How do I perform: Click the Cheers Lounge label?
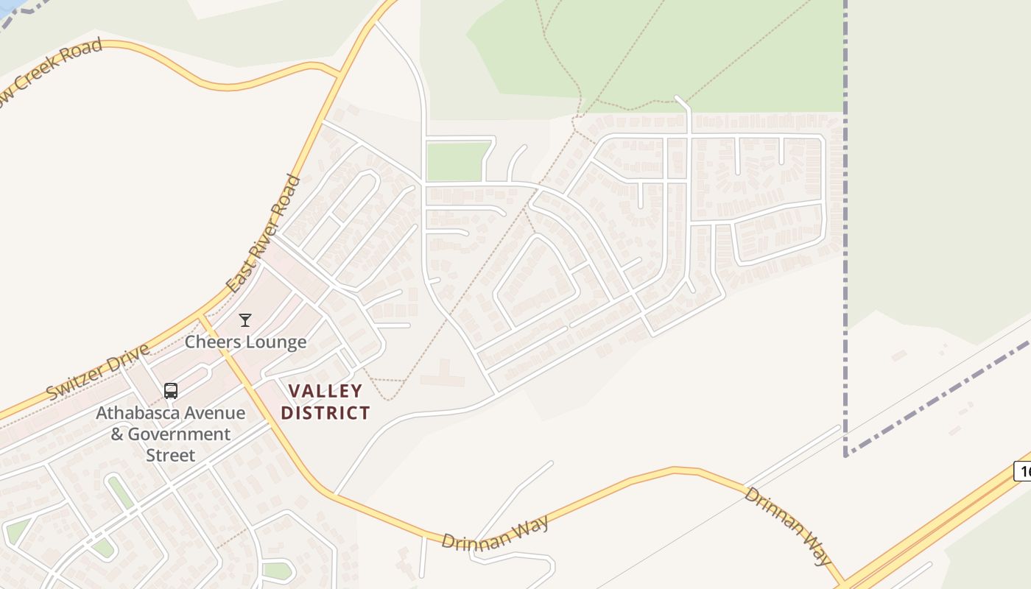pyautogui.click(x=245, y=342)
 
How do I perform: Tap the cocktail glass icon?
pyautogui.click(x=245, y=320)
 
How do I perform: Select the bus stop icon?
pyautogui.click(x=171, y=391)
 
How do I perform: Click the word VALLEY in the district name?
pyautogui.click(x=326, y=391)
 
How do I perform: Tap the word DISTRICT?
pyautogui.click(x=326, y=413)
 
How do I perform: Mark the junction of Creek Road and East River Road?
pyautogui.click(x=339, y=74)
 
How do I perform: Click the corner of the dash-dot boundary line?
pyautogui.click(x=846, y=454)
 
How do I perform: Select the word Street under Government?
pyautogui.click(x=171, y=455)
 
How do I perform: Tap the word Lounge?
pyautogui.click(x=278, y=342)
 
